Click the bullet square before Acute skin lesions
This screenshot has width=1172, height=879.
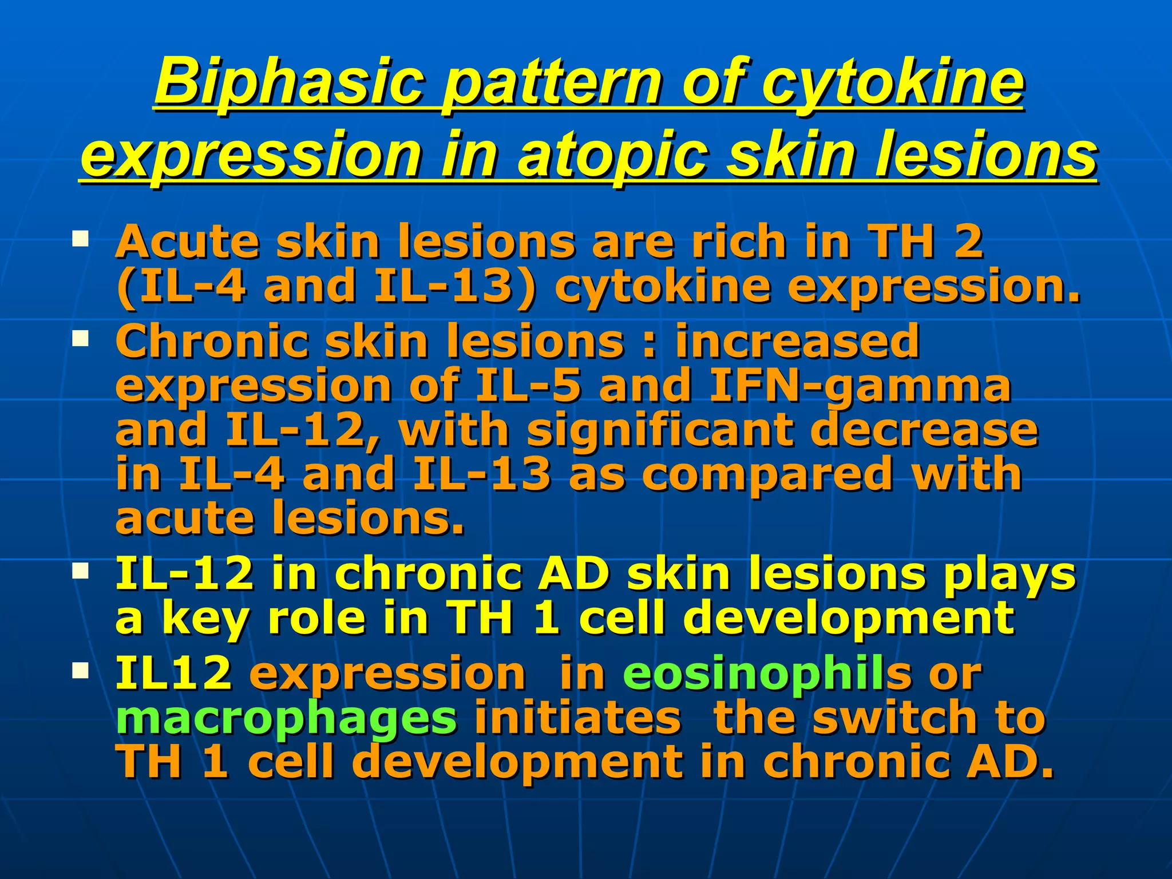click(80, 237)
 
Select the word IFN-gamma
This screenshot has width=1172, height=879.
click(859, 386)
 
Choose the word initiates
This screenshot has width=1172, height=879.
click(577, 718)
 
